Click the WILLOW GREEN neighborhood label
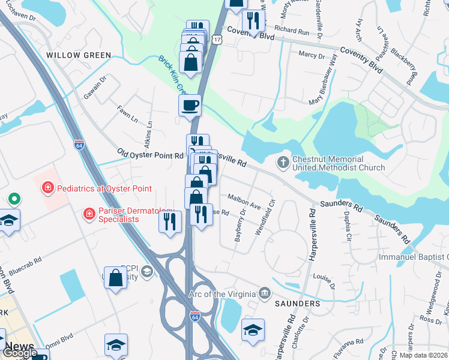[79, 55]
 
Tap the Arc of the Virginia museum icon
[264, 293]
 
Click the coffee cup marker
[190, 106]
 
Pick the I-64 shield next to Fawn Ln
[79, 145]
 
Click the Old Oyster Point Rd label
[150, 155]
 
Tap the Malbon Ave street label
[244, 200]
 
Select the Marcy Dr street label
[312, 56]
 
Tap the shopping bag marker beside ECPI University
[116, 278]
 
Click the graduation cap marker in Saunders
[253, 329]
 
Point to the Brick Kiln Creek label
[172, 75]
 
